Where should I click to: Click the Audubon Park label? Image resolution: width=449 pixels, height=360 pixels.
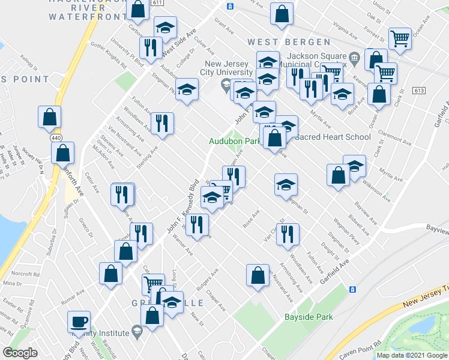(235, 142)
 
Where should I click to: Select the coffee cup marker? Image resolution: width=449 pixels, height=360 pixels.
(79, 322)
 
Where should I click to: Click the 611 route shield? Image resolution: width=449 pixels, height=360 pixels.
(158, 3)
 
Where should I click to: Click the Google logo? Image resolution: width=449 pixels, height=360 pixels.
(20, 353)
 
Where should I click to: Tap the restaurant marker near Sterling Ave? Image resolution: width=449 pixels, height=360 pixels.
(162, 124)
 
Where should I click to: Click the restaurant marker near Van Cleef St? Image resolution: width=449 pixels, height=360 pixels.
(289, 234)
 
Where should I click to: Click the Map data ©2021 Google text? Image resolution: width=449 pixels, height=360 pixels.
(411, 355)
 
